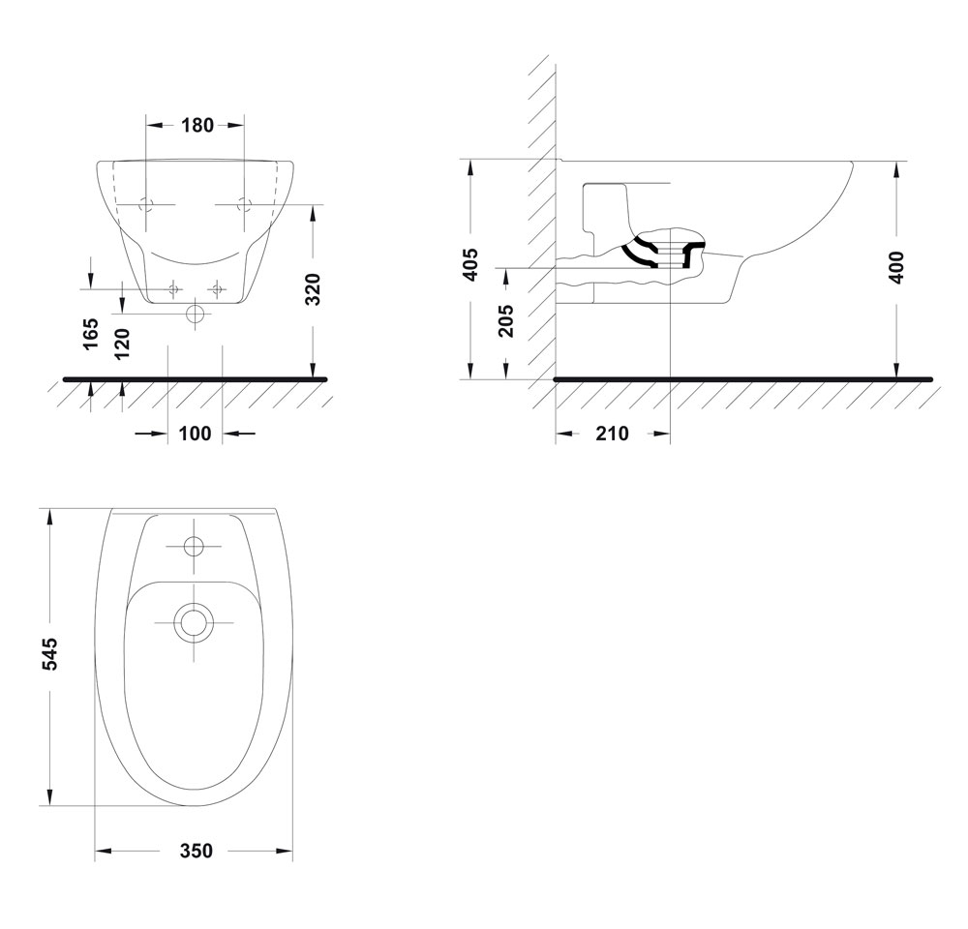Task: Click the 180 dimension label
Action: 197,125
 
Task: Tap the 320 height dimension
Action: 314,289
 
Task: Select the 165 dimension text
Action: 91,333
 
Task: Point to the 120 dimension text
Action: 122,344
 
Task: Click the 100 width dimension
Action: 196,434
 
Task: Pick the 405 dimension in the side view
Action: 471,265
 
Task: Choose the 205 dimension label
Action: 505,320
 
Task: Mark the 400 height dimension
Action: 895,267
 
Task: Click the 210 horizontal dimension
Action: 612,434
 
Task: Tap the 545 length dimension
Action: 48,654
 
